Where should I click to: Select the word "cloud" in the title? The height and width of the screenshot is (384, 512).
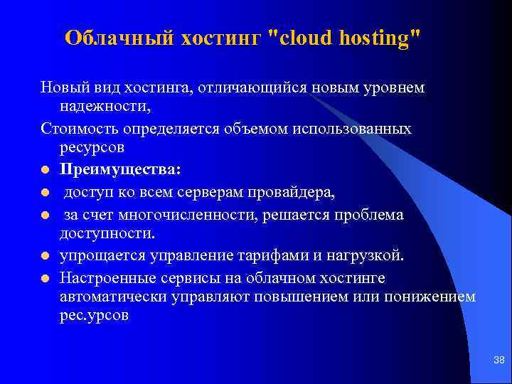[306, 38]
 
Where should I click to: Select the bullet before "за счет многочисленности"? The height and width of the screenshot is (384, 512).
[45, 215]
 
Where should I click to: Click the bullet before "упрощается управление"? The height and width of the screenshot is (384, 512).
[45, 255]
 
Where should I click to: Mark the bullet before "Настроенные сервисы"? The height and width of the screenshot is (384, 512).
[45, 277]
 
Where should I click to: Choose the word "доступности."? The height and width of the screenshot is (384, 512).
[105, 233]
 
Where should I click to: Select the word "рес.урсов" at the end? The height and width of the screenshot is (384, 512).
[94, 316]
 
